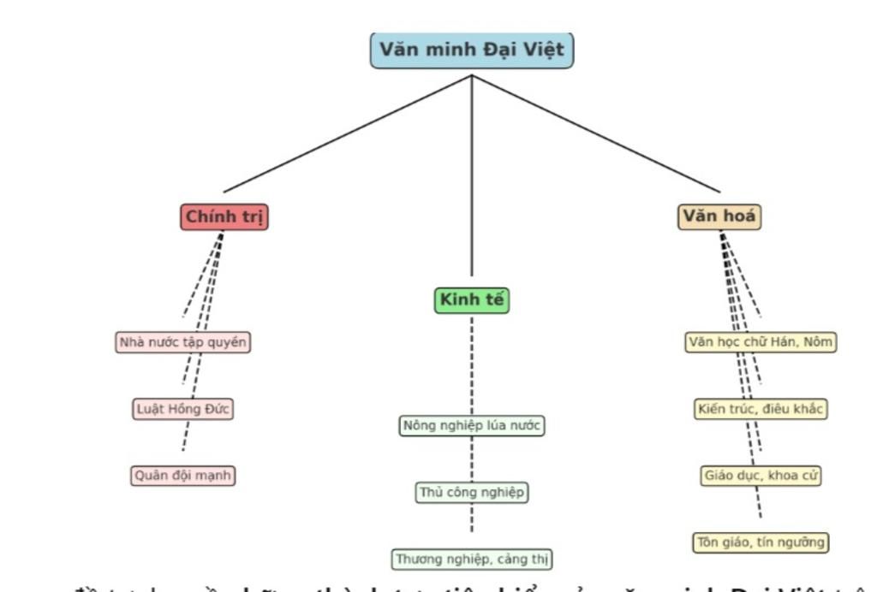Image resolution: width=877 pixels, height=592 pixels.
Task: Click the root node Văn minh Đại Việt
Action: point(472,50)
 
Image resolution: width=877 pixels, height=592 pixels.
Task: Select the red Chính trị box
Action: point(224,217)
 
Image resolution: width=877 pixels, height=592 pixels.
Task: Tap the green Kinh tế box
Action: point(471,300)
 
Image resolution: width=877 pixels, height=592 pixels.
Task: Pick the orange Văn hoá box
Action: point(719,217)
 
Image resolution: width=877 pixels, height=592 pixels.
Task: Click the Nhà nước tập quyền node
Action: point(183,342)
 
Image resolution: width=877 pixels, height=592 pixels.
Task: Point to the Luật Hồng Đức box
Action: point(183,409)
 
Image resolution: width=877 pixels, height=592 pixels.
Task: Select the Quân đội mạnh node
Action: point(183,476)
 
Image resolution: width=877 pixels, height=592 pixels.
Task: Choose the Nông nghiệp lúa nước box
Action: point(471,425)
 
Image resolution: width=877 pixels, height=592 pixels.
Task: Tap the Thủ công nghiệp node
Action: point(471,493)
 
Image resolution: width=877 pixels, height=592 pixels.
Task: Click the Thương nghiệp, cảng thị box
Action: point(472,559)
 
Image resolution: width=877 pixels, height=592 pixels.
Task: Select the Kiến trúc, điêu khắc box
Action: point(761,409)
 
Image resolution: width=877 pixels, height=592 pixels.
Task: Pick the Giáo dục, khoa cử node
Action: point(761,476)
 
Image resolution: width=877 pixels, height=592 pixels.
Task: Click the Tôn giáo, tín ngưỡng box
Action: point(761,542)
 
